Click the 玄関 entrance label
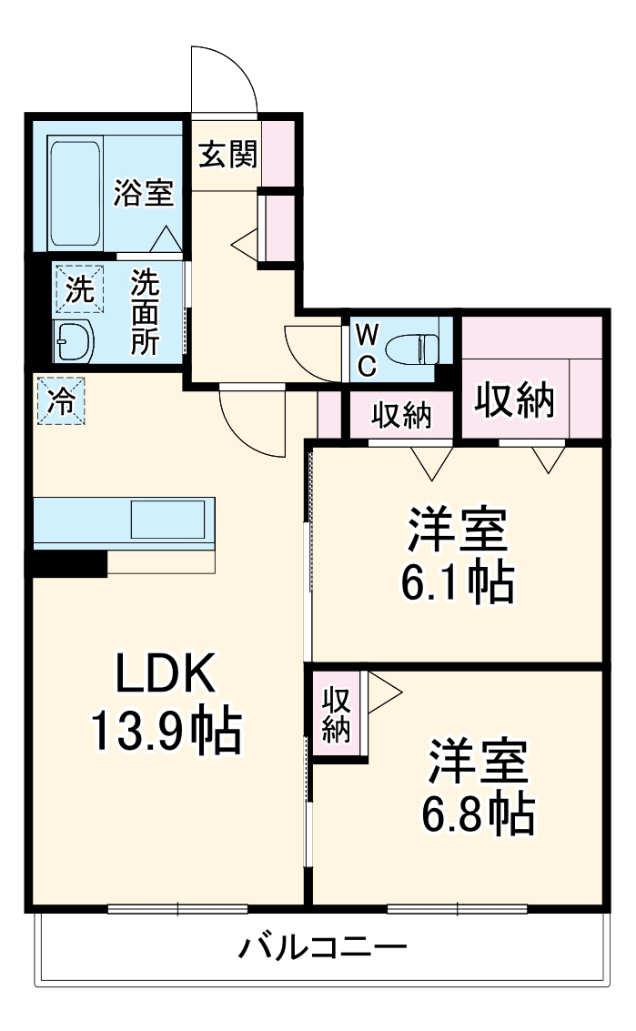pyautogui.click(x=227, y=154)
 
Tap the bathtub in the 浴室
pyautogui.click(x=76, y=193)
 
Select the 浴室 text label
pyautogui.click(x=144, y=193)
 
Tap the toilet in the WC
pyautogui.click(x=410, y=349)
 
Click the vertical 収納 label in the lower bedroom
pyautogui.click(x=337, y=715)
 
